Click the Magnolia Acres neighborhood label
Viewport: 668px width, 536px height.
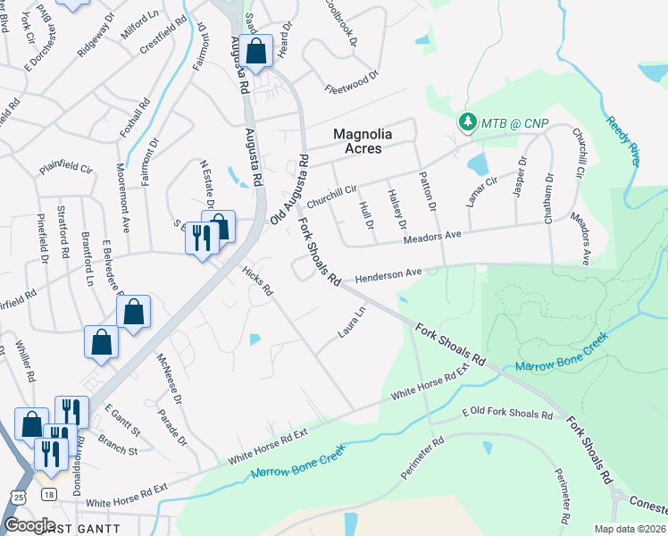(369, 141)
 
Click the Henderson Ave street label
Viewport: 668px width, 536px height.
(388, 277)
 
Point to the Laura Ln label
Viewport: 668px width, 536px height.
(352, 322)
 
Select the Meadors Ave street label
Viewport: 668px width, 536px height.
(431, 237)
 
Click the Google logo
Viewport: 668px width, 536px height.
(29, 525)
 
